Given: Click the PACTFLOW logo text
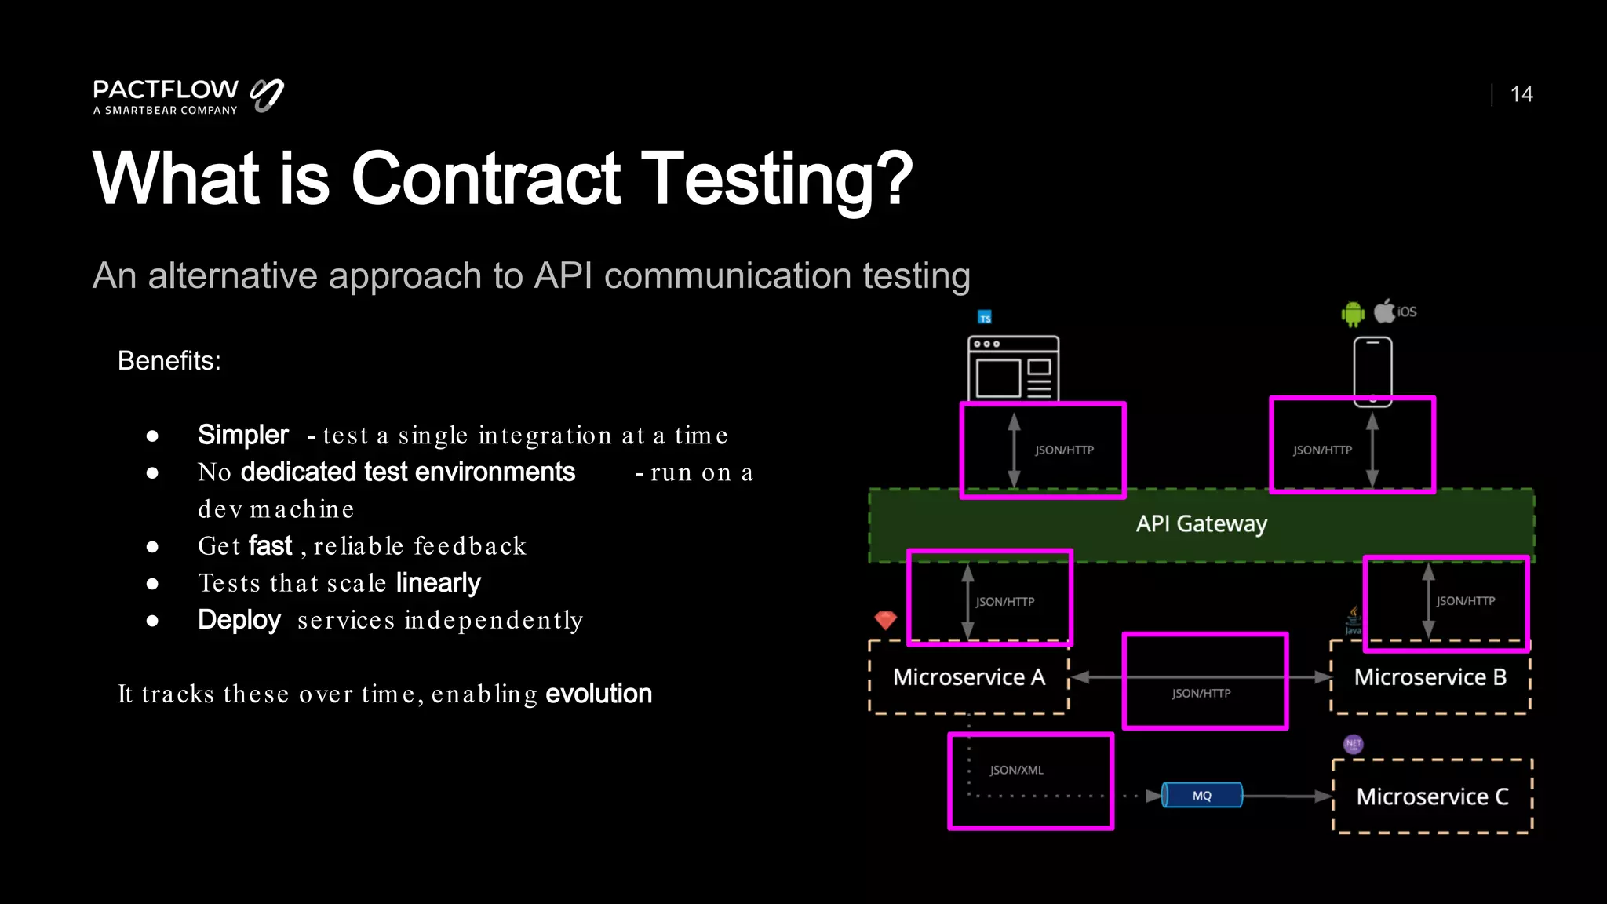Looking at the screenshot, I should [166, 89].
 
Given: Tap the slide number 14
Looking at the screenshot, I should [1521, 94].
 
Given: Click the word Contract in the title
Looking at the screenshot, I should [486, 179].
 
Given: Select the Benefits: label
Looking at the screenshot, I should [169, 361].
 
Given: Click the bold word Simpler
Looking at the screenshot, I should [242, 435].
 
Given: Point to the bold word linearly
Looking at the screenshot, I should [438, 583].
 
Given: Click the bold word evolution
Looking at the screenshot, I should [599, 694].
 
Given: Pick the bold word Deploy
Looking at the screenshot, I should [239, 620].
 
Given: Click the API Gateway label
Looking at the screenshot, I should [1201, 523].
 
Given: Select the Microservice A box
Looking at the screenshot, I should [968, 676].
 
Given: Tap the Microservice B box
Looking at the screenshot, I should [1430, 676].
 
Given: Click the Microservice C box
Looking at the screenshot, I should [1432, 796].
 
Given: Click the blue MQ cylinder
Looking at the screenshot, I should [1201, 795].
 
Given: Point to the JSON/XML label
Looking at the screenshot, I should [1016, 771].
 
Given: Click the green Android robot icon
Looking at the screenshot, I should [1353, 314].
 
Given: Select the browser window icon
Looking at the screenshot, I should [1013, 368].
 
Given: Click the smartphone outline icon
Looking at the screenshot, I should [1372, 370].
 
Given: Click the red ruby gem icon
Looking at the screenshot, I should [885, 620].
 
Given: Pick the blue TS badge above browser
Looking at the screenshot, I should [985, 318].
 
